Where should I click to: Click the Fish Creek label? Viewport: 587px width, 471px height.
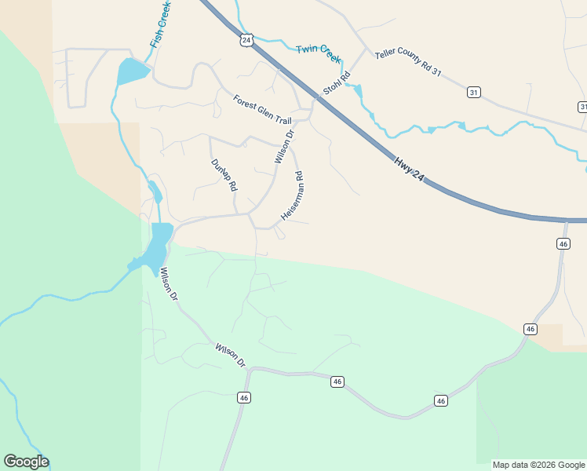click(160, 24)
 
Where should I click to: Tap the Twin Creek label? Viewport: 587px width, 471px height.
click(319, 53)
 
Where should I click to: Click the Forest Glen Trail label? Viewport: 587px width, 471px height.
click(262, 110)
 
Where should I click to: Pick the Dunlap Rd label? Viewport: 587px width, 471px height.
click(224, 176)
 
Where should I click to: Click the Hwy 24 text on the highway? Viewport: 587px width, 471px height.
click(409, 170)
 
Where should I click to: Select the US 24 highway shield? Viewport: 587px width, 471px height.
click(247, 40)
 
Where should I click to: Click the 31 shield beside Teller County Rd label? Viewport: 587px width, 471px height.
click(473, 92)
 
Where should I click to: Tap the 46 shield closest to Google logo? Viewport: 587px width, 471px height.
click(245, 398)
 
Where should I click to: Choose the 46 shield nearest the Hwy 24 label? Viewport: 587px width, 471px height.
click(563, 244)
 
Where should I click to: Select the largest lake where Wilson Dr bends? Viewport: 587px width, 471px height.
click(159, 243)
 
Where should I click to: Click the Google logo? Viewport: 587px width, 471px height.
click(26, 462)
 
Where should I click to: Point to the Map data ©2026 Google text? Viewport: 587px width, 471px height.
click(538, 465)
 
